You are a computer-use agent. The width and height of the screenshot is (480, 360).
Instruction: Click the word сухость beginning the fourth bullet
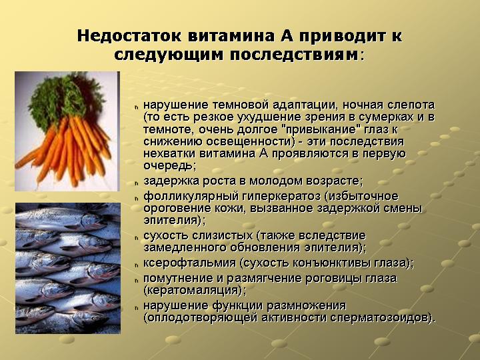(166, 235)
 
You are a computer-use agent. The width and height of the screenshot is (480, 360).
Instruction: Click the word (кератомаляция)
(194, 290)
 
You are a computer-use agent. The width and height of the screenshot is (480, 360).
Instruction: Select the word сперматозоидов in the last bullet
(383, 318)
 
